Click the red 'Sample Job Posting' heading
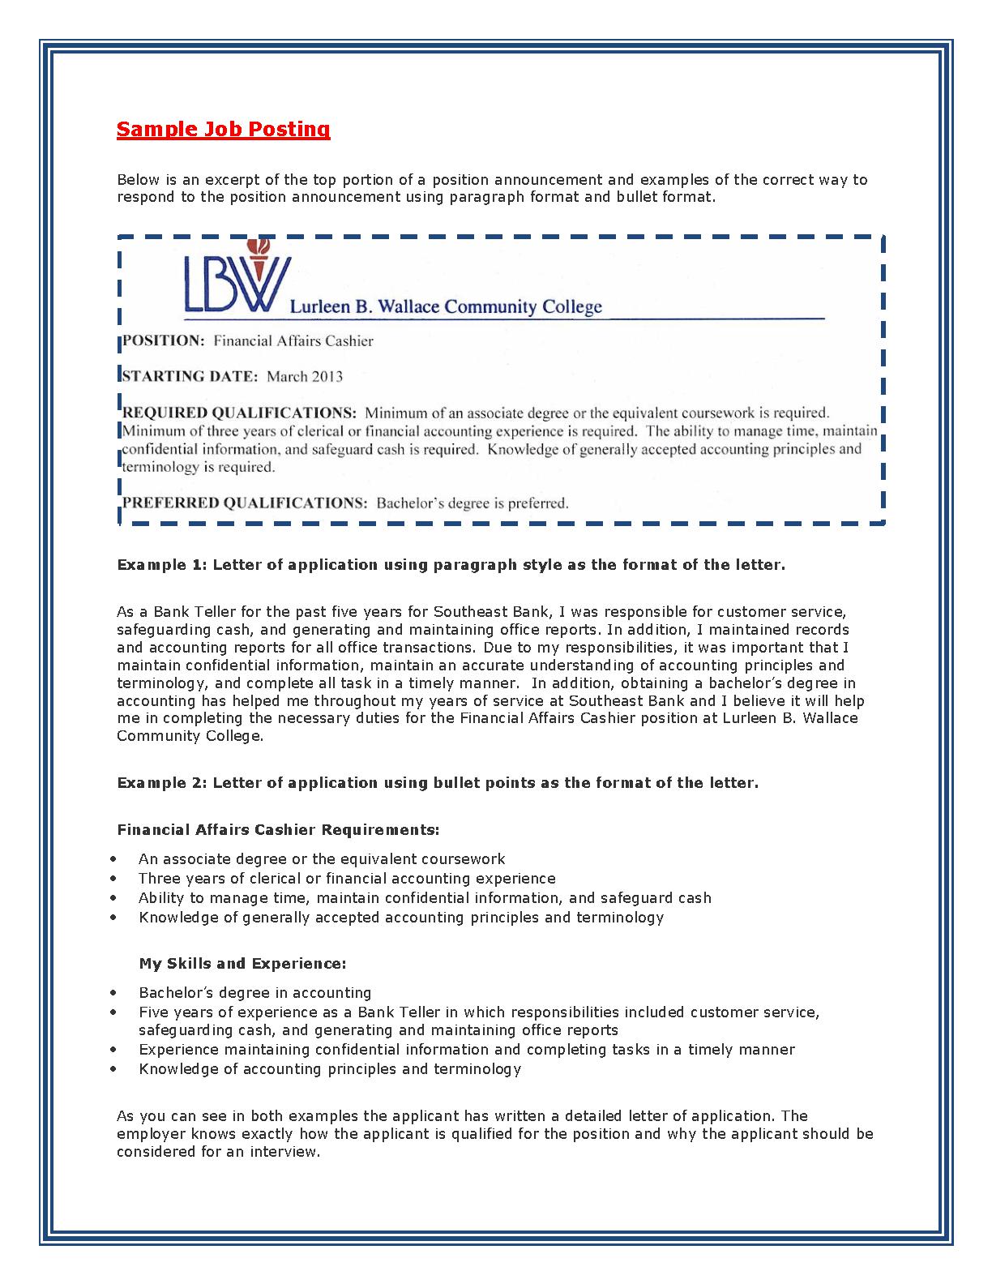(223, 130)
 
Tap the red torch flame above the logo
(261, 246)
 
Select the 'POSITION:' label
(163, 341)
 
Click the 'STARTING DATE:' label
(190, 376)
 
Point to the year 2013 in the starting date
(327, 376)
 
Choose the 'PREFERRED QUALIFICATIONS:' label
(245, 503)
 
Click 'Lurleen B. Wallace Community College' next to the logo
(446, 307)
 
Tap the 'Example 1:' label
(162, 565)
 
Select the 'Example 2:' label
(162, 783)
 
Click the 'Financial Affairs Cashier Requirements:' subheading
(278, 830)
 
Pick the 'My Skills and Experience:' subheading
(242, 964)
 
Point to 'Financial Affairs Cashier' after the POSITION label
(293, 341)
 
